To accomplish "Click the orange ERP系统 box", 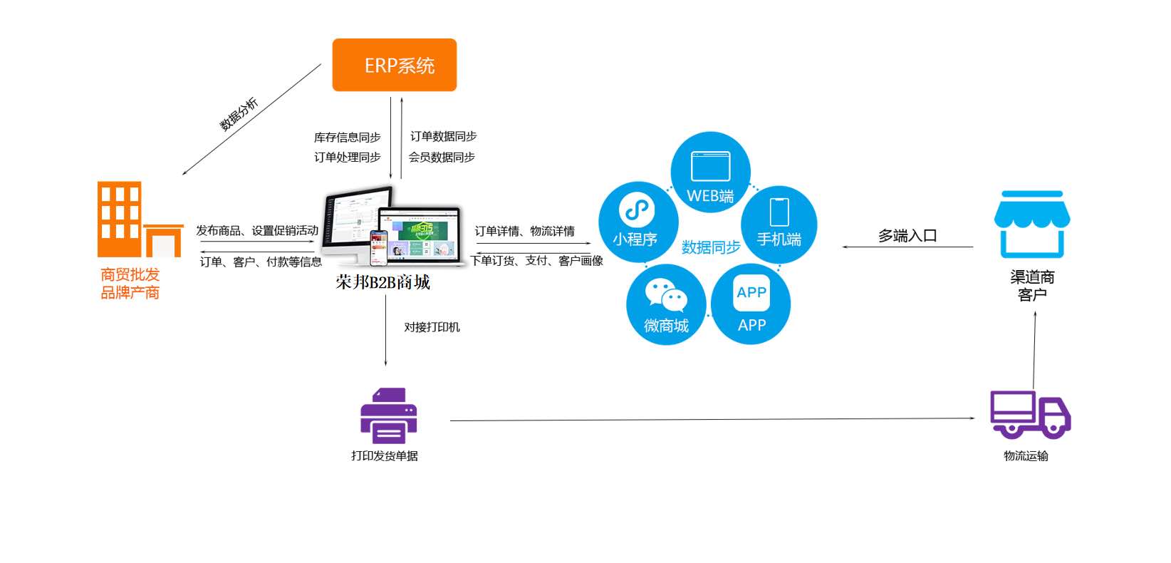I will [x=394, y=65].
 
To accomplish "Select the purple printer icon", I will [x=388, y=416].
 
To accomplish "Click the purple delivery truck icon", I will [x=1030, y=415].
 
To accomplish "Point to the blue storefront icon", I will [x=1031, y=224].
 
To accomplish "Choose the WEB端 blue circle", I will [x=710, y=172].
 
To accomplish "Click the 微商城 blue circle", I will [x=666, y=305].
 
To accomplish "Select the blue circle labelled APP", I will [x=751, y=305].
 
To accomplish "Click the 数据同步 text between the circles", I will [x=710, y=247].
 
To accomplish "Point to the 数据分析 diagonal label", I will [x=239, y=114].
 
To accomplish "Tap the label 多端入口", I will [x=907, y=236].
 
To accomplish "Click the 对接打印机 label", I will [x=432, y=327].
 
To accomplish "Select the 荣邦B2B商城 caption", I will [x=383, y=283].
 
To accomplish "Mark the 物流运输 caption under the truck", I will [x=1026, y=456].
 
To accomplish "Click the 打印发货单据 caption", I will [x=385, y=456].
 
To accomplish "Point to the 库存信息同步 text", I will [x=347, y=137].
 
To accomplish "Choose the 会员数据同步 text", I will [x=442, y=157].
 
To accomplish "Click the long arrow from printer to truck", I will [x=712, y=420].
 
